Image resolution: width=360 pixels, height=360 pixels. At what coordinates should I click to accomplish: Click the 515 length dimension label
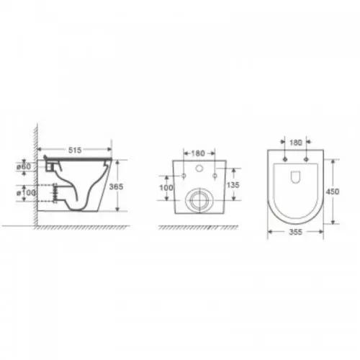pos(75,150)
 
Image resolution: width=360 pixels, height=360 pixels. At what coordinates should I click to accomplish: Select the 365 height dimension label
pos(116,186)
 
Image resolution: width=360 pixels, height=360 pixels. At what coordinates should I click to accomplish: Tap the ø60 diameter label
pos(24,166)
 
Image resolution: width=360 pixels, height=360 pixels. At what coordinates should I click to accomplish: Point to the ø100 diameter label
pos(26,193)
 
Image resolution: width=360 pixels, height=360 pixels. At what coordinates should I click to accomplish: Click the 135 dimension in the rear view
pos(233,185)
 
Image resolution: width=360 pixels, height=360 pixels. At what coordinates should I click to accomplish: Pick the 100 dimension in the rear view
pos(166,187)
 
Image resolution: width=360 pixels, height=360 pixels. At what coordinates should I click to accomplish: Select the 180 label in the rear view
pos(198,153)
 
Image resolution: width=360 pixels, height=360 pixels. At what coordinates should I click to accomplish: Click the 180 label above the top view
pos(295,143)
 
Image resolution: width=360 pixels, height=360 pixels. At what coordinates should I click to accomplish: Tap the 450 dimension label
pos(333,192)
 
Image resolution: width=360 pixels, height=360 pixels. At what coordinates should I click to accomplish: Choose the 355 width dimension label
pos(295,232)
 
